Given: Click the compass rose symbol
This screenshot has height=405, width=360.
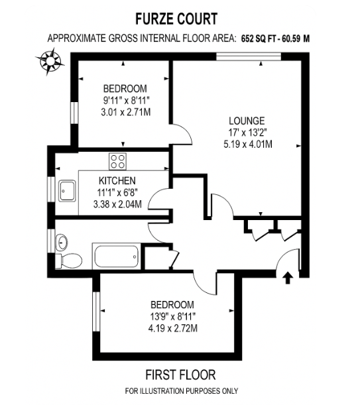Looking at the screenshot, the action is [x=50, y=62].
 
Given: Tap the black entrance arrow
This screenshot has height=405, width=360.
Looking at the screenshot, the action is [x=288, y=278].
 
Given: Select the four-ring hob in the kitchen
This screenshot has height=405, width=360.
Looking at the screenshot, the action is [x=117, y=162].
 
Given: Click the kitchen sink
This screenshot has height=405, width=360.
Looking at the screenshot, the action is [x=68, y=191].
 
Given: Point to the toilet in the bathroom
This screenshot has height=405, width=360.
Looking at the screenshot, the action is [x=68, y=260].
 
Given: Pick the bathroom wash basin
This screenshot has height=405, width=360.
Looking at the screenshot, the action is [x=61, y=243].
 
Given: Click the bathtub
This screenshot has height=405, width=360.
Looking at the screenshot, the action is [x=116, y=257].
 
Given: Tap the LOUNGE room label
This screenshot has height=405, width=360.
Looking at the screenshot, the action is [x=247, y=121].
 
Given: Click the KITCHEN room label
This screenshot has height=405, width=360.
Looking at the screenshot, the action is [x=117, y=181].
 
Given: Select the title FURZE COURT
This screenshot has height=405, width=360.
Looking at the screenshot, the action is [x=176, y=19].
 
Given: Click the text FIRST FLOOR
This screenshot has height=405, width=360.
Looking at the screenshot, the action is [x=180, y=375].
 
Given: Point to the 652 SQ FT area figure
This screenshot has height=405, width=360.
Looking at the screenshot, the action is [x=259, y=38].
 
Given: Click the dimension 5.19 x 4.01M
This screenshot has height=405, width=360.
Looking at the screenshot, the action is [x=248, y=144].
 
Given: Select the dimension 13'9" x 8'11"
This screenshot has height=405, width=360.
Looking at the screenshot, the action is [x=172, y=316].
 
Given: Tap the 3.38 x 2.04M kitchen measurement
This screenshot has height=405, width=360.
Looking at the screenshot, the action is [x=117, y=205].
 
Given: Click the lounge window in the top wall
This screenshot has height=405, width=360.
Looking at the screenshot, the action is [x=249, y=56].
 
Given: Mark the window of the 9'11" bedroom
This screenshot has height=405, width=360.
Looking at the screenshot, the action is [x=74, y=113].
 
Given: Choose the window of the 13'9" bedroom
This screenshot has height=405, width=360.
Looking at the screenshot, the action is [x=96, y=312].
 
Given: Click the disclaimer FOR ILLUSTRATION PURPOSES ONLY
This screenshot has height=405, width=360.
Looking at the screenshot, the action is [x=181, y=391].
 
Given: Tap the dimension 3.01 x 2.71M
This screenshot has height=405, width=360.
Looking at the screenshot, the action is [x=126, y=113].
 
